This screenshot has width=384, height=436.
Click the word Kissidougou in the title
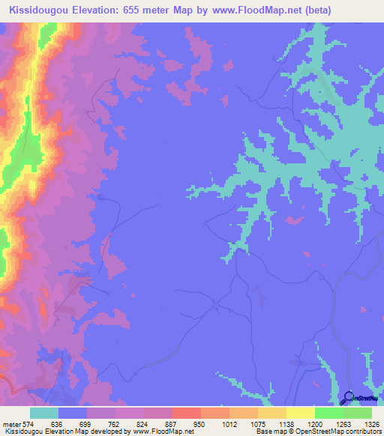coord(37,10)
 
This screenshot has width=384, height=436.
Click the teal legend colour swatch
coord(44,413)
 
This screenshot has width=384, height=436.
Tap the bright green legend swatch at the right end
coord(358,413)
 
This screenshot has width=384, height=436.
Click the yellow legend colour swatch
coord(301,413)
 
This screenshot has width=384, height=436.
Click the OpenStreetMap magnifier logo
coord(349,399)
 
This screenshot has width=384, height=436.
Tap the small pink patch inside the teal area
coord(295,220)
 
